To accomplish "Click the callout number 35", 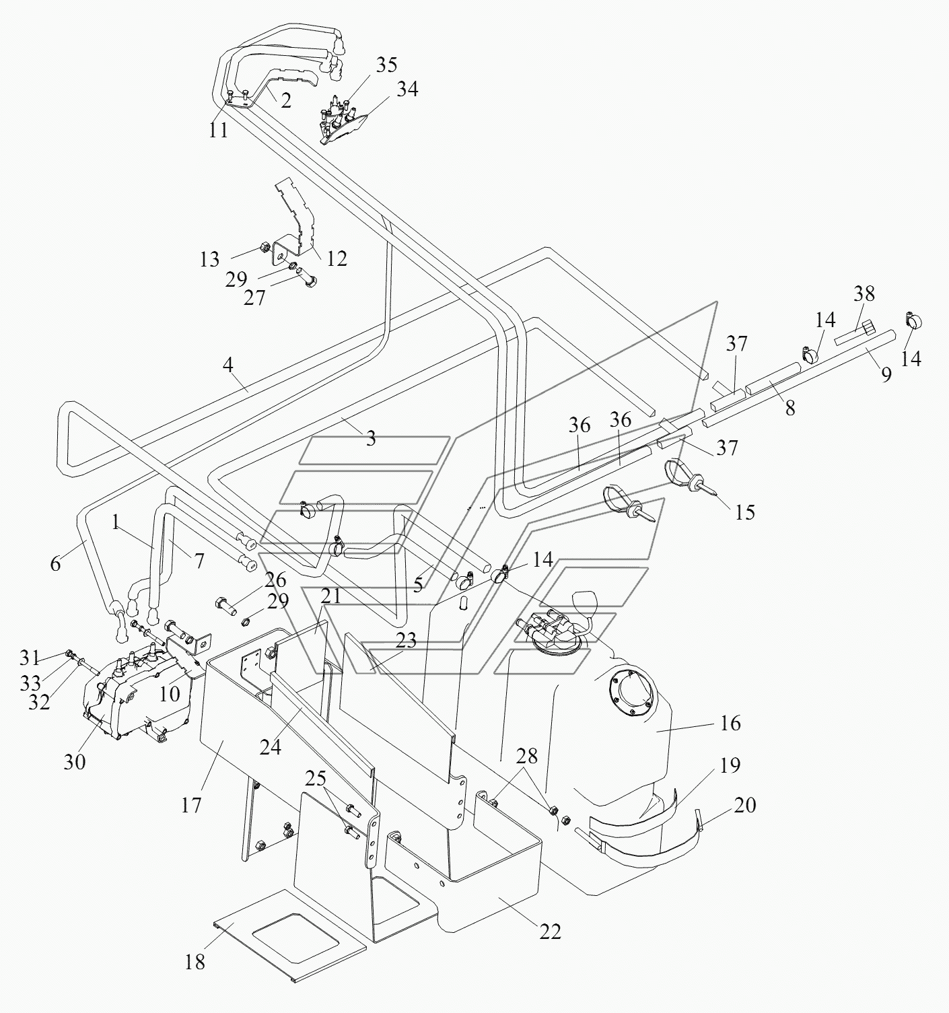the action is tap(387, 65).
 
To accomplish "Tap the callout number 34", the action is tap(408, 89).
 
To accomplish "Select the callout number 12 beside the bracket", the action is tap(337, 258).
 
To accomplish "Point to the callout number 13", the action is tap(209, 259).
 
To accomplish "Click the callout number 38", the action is tap(864, 293).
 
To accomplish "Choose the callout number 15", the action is tap(745, 512).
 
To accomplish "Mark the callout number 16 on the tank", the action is tap(731, 723).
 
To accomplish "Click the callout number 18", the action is tap(195, 962).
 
